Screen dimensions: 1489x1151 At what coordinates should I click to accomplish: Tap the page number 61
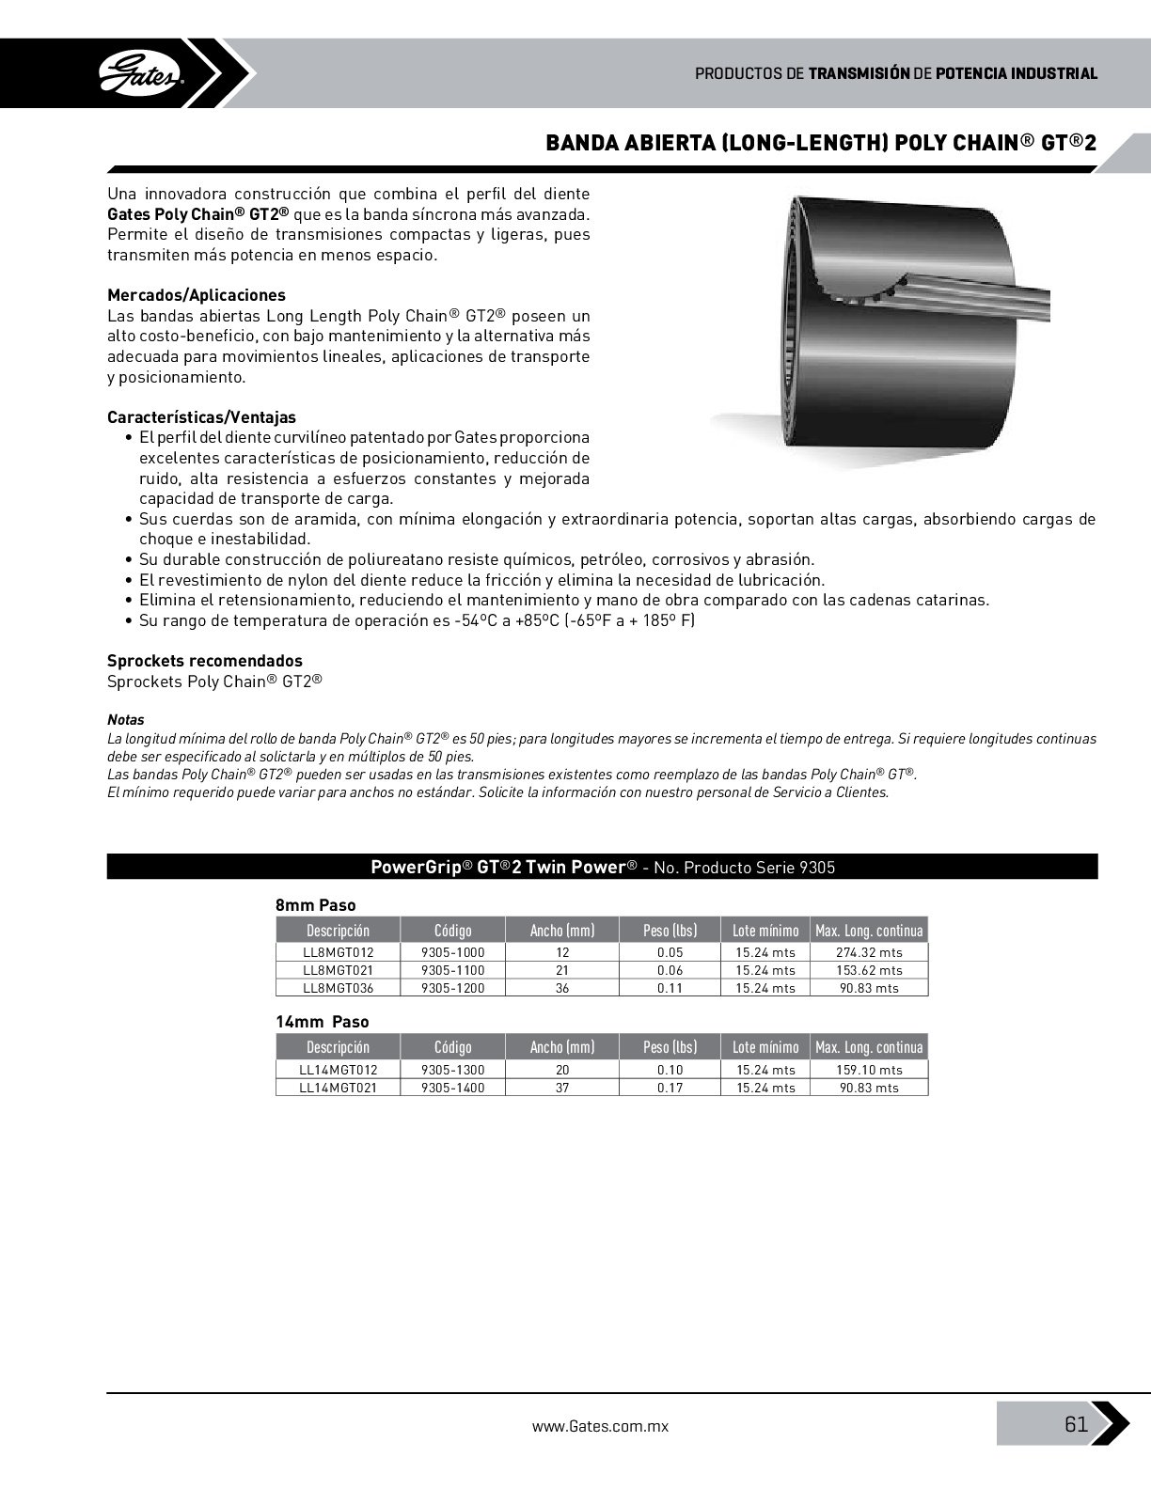pos(1076,1423)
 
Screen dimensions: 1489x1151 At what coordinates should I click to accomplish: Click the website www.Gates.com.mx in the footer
pos(600,1425)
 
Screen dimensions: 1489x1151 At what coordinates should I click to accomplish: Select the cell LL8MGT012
pos(338,952)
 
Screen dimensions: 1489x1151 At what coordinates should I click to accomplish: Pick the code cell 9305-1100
pos(452,970)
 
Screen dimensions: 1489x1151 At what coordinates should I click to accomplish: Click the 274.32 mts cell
pos(868,952)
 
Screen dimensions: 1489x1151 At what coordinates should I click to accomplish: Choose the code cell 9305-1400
pos(452,1088)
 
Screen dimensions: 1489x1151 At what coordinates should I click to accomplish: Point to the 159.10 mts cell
pos(868,1070)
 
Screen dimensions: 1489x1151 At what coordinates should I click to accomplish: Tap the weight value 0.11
pos(670,988)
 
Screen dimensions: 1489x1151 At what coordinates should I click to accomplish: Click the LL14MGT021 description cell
pos(338,1088)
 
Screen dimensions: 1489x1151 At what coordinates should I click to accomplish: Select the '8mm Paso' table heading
pos(315,905)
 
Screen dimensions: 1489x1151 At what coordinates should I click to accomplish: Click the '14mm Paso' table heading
pos(322,1022)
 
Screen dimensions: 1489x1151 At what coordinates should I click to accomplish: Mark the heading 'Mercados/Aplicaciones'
pos(196,295)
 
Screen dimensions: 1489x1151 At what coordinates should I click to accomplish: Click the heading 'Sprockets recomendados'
pos(204,661)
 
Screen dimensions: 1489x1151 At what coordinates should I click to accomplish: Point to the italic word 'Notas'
pos(125,720)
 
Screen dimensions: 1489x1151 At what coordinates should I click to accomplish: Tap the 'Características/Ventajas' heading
pos(201,417)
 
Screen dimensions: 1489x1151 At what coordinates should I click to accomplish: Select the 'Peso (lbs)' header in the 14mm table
pos(670,1047)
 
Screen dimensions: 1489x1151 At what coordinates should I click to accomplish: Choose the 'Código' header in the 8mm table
pos(452,931)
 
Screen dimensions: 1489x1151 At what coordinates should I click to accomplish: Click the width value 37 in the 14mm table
pos(562,1088)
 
